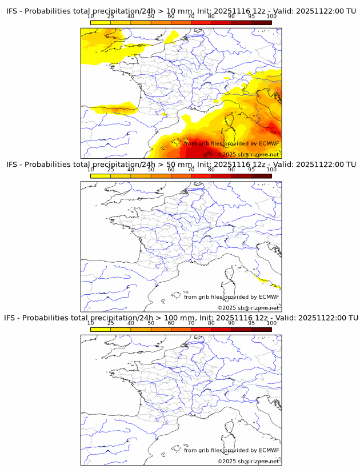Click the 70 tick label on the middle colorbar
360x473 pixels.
point(191,170)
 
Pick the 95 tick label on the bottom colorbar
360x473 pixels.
point(251,323)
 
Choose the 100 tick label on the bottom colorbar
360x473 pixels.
point(271,323)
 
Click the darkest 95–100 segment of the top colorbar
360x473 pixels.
point(261,23)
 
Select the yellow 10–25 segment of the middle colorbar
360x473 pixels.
point(101,175)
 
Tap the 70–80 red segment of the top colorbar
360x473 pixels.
point(201,23)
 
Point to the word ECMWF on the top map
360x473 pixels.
point(269,144)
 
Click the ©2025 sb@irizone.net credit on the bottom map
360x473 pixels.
point(248,461)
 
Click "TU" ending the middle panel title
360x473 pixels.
point(350,165)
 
